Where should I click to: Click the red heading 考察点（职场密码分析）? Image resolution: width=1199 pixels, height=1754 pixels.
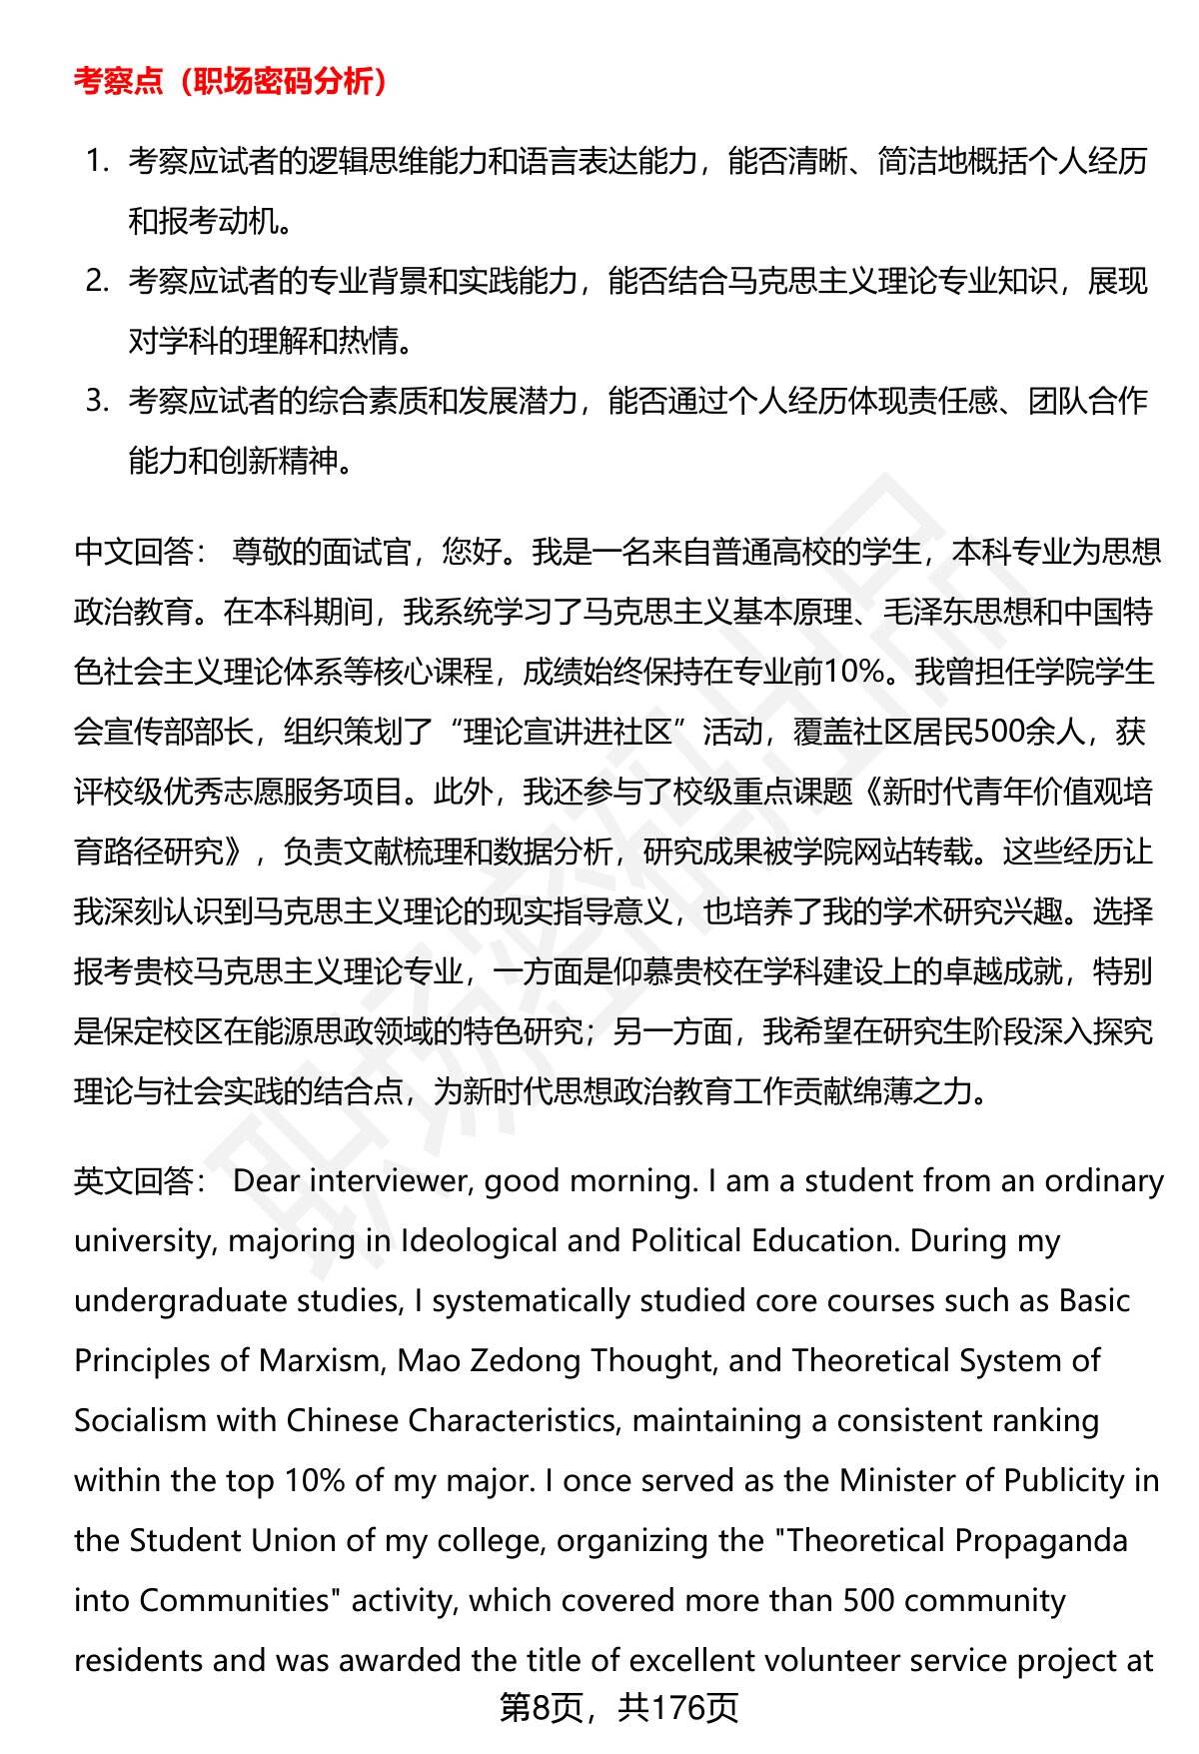click(x=231, y=82)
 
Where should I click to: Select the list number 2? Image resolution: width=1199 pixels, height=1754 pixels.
click(x=96, y=281)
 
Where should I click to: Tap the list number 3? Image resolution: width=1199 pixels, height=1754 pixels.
click(x=96, y=401)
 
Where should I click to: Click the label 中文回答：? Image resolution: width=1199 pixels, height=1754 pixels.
click(x=141, y=552)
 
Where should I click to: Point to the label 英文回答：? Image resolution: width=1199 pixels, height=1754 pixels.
click(x=141, y=1181)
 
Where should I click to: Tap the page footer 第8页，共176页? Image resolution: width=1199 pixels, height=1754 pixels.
click(x=618, y=1708)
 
